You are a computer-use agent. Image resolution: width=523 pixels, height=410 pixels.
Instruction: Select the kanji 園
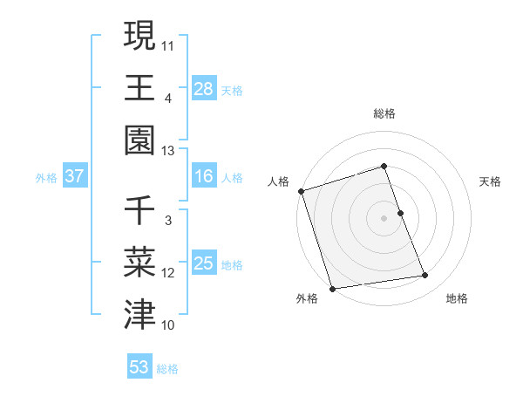pos(140,140)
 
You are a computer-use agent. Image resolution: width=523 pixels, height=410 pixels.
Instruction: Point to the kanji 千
pos(140,211)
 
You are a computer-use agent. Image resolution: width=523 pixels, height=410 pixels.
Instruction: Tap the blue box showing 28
pos(204,89)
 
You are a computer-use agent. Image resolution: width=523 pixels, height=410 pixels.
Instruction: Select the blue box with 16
pos(204,177)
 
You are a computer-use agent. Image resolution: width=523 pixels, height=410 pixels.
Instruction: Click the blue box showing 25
pos(204,264)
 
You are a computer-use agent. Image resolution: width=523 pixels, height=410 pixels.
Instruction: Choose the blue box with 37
pos(75,177)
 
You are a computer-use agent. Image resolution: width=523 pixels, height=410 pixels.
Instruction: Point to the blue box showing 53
pos(139,367)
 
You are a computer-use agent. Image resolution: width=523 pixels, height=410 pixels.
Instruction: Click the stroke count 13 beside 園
pos(168,152)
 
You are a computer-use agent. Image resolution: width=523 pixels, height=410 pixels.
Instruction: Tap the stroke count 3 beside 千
pos(168,221)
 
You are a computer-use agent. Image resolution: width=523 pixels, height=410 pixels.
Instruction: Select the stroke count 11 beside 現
pos(168,45)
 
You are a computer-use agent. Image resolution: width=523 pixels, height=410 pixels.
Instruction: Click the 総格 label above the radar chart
pos(384,113)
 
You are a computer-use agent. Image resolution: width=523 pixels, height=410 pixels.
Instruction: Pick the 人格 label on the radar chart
pos(279,181)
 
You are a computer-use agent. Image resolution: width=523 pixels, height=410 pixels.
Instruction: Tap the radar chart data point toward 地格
pos(425,276)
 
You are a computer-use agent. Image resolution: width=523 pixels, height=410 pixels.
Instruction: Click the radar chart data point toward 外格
pos(332,289)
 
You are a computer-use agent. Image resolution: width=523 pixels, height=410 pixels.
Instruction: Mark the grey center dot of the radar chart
pos(384,218)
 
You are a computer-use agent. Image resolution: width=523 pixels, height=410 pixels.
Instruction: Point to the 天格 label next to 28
pos(231,90)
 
